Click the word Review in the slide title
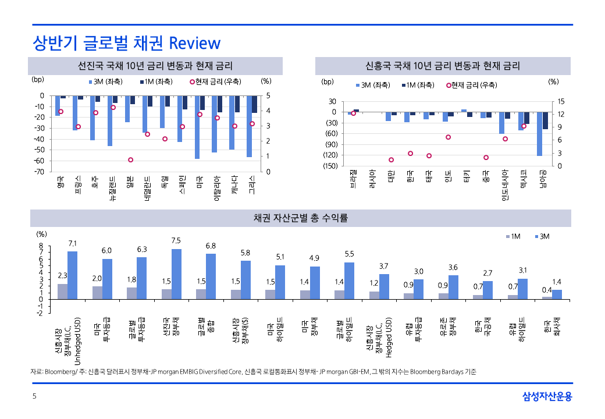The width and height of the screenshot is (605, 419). (194, 43)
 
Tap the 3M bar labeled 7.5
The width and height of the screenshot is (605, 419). (176, 274)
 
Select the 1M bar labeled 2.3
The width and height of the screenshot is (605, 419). (62, 292)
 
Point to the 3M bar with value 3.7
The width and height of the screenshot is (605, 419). (384, 286)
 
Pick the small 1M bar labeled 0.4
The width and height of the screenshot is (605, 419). (547, 297)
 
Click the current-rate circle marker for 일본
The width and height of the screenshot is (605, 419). (130, 159)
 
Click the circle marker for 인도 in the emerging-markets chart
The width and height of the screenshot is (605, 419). (448, 137)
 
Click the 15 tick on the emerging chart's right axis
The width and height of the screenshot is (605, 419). (561, 101)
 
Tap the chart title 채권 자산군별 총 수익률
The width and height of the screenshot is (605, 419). (300, 218)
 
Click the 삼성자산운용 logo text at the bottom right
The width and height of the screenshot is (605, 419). (547, 397)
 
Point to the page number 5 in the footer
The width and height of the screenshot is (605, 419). (34, 397)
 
